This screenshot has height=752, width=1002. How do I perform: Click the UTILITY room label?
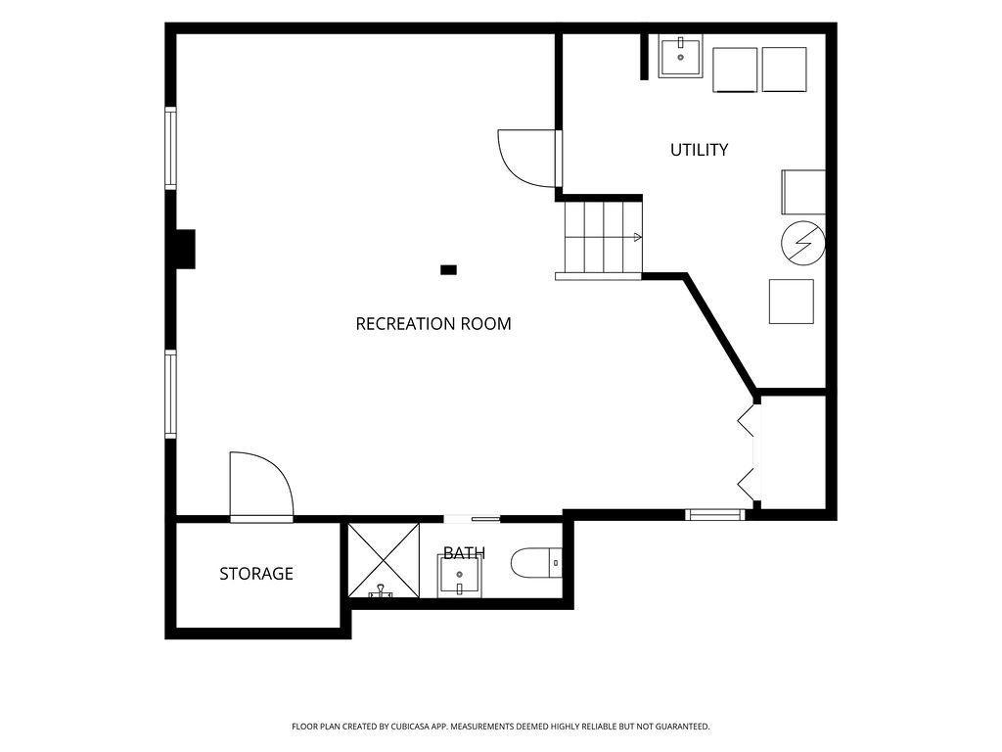click(x=699, y=150)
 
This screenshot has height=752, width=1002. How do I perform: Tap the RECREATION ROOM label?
click(x=433, y=323)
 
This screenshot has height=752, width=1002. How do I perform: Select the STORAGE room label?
click(x=256, y=574)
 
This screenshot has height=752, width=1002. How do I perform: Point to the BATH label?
click(x=464, y=553)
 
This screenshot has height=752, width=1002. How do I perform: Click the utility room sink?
click(x=681, y=56)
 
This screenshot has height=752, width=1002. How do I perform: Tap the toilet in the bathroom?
click(x=536, y=563)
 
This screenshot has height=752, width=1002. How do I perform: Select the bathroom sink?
click(x=459, y=576)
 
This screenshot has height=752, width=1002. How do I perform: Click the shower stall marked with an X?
click(x=384, y=560)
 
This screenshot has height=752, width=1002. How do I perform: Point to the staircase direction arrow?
click(x=636, y=237)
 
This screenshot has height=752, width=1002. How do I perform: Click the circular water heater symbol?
click(x=803, y=243)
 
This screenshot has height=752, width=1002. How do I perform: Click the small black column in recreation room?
click(x=448, y=270)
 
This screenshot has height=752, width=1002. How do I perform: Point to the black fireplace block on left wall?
click(x=185, y=249)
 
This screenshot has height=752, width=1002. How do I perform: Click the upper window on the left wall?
click(x=170, y=148)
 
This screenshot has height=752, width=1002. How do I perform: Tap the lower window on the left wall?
click(x=170, y=394)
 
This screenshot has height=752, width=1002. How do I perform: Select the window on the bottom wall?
click(x=715, y=514)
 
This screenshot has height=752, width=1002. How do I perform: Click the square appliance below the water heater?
click(x=791, y=302)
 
